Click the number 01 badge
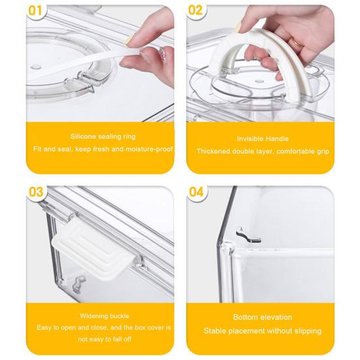point(35,11)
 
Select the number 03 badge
point(36,191)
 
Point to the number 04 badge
point(196,191)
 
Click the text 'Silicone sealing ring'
point(103,137)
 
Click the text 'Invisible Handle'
point(263,139)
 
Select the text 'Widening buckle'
point(105,316)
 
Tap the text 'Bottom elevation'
point(263,318)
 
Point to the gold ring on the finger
point(297,43)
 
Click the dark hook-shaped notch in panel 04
point(248,235)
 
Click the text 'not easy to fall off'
point(105,339)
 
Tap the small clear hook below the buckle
point(78,284)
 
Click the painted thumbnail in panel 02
point(238,27)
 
